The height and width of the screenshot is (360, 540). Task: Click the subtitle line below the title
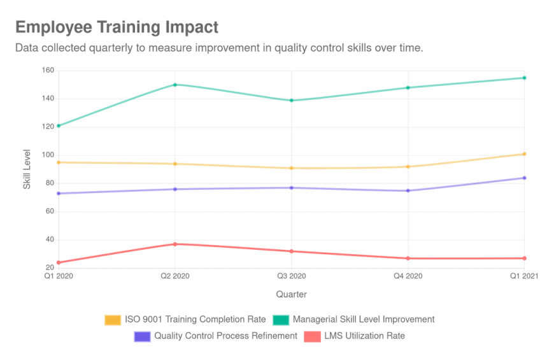click(218, 48)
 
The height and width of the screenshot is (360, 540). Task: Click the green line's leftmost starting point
click(56, 127)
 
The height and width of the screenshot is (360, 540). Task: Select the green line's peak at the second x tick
click(176, 83)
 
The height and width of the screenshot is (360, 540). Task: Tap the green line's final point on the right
click(525, 78)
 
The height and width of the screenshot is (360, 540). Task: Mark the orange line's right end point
click(525, 154)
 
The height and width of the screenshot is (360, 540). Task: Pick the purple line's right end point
click(525, 177)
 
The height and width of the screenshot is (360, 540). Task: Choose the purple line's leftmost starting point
click(56, 194)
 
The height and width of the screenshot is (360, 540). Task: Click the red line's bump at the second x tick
click(176, 243)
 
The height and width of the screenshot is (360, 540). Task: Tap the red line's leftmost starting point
click(56, 263)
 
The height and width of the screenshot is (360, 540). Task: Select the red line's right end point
click(525, 258)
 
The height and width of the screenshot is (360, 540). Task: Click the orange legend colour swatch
click(112, 319)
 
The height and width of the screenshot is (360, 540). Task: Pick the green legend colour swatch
click(280, 319)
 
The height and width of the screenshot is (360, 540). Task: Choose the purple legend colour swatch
click(141, 336)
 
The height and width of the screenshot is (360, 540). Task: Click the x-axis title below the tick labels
click(291, 294)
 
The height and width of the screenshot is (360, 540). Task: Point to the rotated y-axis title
click(27, 168)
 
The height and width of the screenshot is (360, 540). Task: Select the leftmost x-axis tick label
click(59, 277)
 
